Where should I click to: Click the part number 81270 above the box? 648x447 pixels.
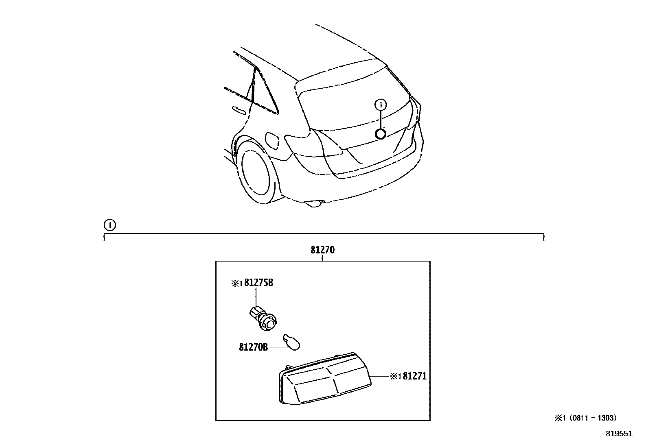coord(322,250)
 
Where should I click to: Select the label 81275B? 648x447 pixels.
coord(258,283)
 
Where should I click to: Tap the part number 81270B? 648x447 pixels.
coord(253,347)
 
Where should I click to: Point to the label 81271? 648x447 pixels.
coord(415,376)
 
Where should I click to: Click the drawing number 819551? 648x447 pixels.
coord(619,434)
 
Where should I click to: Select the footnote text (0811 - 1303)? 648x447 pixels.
coord(593,418)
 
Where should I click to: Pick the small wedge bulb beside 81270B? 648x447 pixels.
coord(292,342)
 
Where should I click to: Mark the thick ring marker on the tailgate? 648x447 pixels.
coord(381,134)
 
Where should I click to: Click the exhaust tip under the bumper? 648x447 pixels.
coord(313,204)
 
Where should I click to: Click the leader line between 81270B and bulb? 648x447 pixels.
coord(278,347)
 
